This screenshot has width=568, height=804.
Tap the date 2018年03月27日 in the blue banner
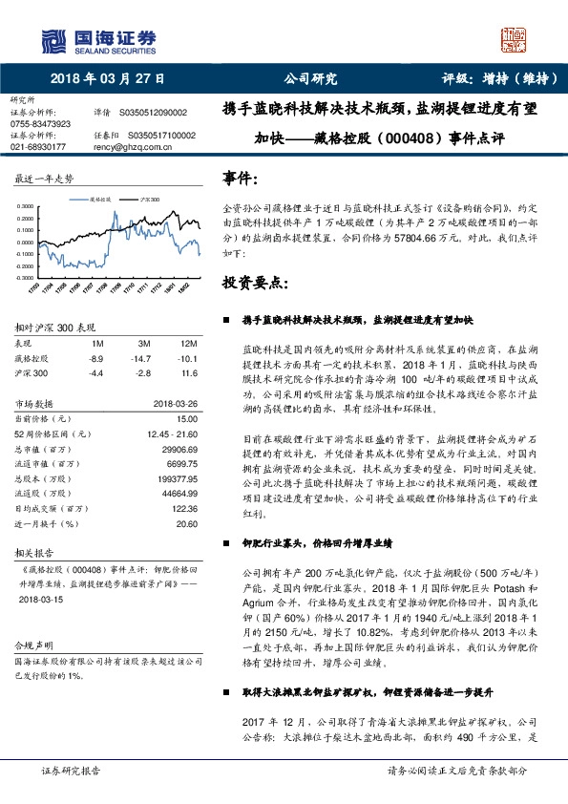(106, 79)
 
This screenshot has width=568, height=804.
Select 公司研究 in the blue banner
(310, 79)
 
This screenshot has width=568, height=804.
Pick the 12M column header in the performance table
(188, 342)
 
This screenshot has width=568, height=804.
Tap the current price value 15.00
(187, 418)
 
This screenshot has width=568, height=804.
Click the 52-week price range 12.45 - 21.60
(172, 433)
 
